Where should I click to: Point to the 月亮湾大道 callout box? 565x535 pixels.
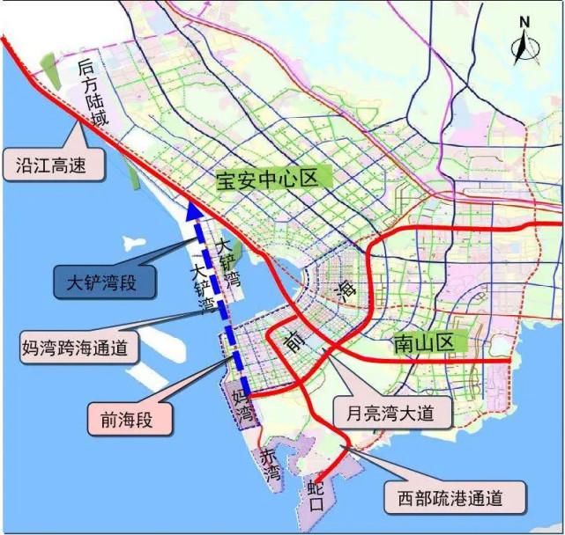pyautogui.click(x=387, y=412)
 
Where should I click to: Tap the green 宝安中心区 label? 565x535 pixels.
pyautogui.click(x=266, y=180)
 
